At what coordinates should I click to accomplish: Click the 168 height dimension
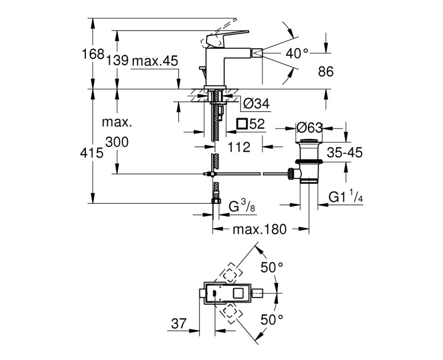pos(93,54)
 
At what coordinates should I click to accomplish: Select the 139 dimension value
pos(117,60)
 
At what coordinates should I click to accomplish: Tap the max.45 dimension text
pos(155,61)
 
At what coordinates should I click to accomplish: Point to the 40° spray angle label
pos(297,53)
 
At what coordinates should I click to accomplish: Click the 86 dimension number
pos(326,71)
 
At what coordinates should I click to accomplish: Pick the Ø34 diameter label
pos(256,104)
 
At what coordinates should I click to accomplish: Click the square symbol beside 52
pos(243,124)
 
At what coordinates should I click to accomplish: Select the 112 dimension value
pos(239,147)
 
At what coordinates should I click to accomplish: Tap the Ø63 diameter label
pos(309,128)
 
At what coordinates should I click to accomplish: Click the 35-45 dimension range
pos(344,153)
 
